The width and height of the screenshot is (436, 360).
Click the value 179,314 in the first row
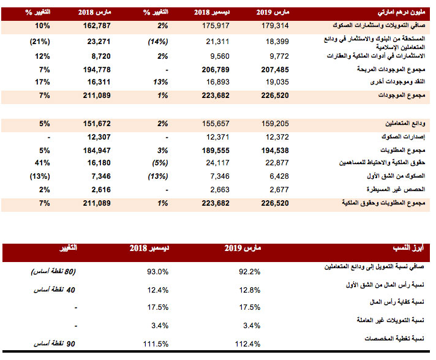[275, 26]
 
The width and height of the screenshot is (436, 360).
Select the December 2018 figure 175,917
[216, 26]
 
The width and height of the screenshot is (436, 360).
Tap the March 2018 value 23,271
[99, 42]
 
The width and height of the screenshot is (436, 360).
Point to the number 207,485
[275, 70]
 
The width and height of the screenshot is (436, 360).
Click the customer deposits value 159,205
[275, 124]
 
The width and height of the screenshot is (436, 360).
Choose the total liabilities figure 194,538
[275, 151]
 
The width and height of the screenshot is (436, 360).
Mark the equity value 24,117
[217, 163]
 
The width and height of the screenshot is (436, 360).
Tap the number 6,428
[279, 176]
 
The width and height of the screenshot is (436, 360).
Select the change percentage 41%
[42, 163]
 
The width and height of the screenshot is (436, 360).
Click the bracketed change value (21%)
[40, 42]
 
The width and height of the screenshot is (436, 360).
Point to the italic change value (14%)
[158, 42]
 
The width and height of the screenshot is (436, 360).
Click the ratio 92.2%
[249, 272]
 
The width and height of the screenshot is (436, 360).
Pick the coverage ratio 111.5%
[156, 344]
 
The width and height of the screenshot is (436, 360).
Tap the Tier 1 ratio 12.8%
[250, 290]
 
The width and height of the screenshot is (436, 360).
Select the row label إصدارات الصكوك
[403, 137]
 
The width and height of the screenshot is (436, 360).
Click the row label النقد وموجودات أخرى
[397, 81]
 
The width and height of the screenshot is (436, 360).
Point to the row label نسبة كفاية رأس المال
[397, 302]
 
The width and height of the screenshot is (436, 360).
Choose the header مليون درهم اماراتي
[401, 12]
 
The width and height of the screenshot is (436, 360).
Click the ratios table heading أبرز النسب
[408, 248]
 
